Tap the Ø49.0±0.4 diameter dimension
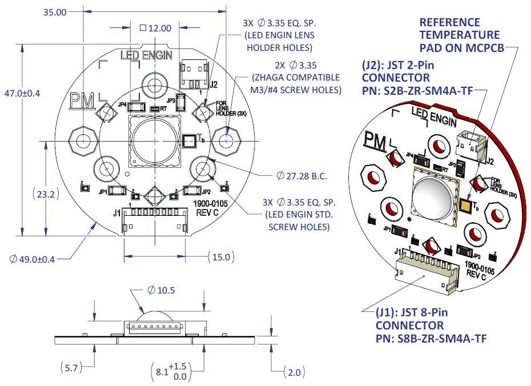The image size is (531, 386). point(33,259)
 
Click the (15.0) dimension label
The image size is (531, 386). point(220,257)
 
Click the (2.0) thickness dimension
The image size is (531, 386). point(295,372)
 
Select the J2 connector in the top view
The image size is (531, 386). point(193,73)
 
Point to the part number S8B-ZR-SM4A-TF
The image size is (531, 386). point(431,337)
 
